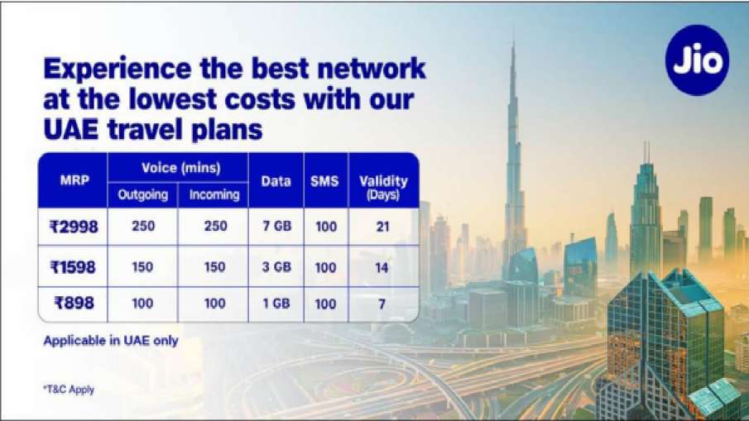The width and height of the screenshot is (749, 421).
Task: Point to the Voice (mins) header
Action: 178,167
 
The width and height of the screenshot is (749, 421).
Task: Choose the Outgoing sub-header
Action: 142,195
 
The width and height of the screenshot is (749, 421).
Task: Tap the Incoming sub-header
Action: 214,195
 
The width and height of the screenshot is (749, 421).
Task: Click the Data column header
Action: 276,180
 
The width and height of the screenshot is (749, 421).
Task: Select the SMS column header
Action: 324,180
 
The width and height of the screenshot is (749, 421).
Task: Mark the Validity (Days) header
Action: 382,187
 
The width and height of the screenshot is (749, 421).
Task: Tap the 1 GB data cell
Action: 276,304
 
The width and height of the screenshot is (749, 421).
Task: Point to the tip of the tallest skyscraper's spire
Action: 513,41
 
